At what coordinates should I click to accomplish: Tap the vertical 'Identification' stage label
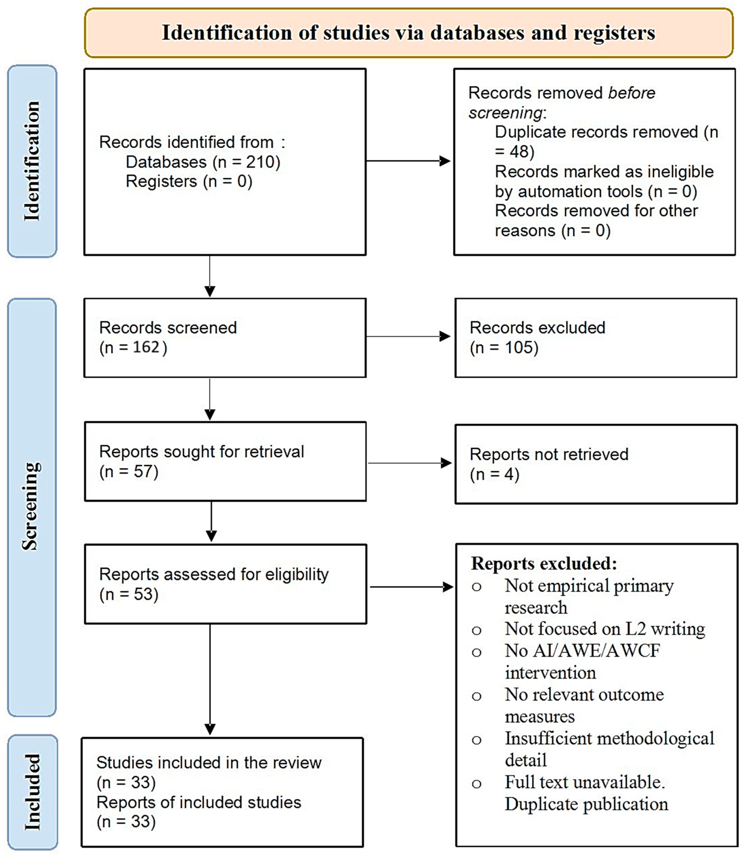point(32,161)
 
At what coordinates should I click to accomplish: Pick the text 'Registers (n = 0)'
point(189,181)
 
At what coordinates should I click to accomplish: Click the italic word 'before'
point(631,93)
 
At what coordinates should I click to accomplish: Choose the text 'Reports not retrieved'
point(549,454)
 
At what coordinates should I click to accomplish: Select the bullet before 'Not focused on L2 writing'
point(476,630)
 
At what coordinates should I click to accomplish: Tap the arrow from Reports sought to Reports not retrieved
point(410,463)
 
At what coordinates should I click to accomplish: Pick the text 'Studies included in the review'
point(209,762)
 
